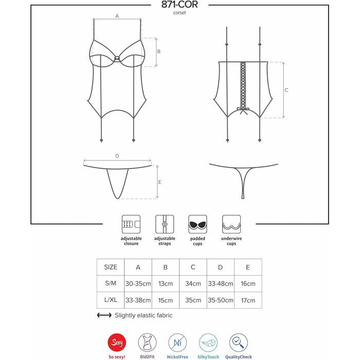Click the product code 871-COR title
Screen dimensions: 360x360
click(x=179, y=4)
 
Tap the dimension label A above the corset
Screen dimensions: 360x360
click(x=117, y=16)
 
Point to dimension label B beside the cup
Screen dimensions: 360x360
click(x=159, y=51)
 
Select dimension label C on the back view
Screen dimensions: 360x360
click(x=286, y=90)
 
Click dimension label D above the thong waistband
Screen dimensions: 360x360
click(x=117, y=156)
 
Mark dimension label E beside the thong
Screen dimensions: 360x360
click(x=160, y=182)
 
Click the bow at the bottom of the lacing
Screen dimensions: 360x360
click(x=243, y=111)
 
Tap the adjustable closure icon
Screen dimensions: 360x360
click(x=131, y=224)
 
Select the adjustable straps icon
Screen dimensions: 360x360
click(x=165, y=224)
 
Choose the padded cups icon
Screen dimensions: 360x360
click(x=197, y=224)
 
